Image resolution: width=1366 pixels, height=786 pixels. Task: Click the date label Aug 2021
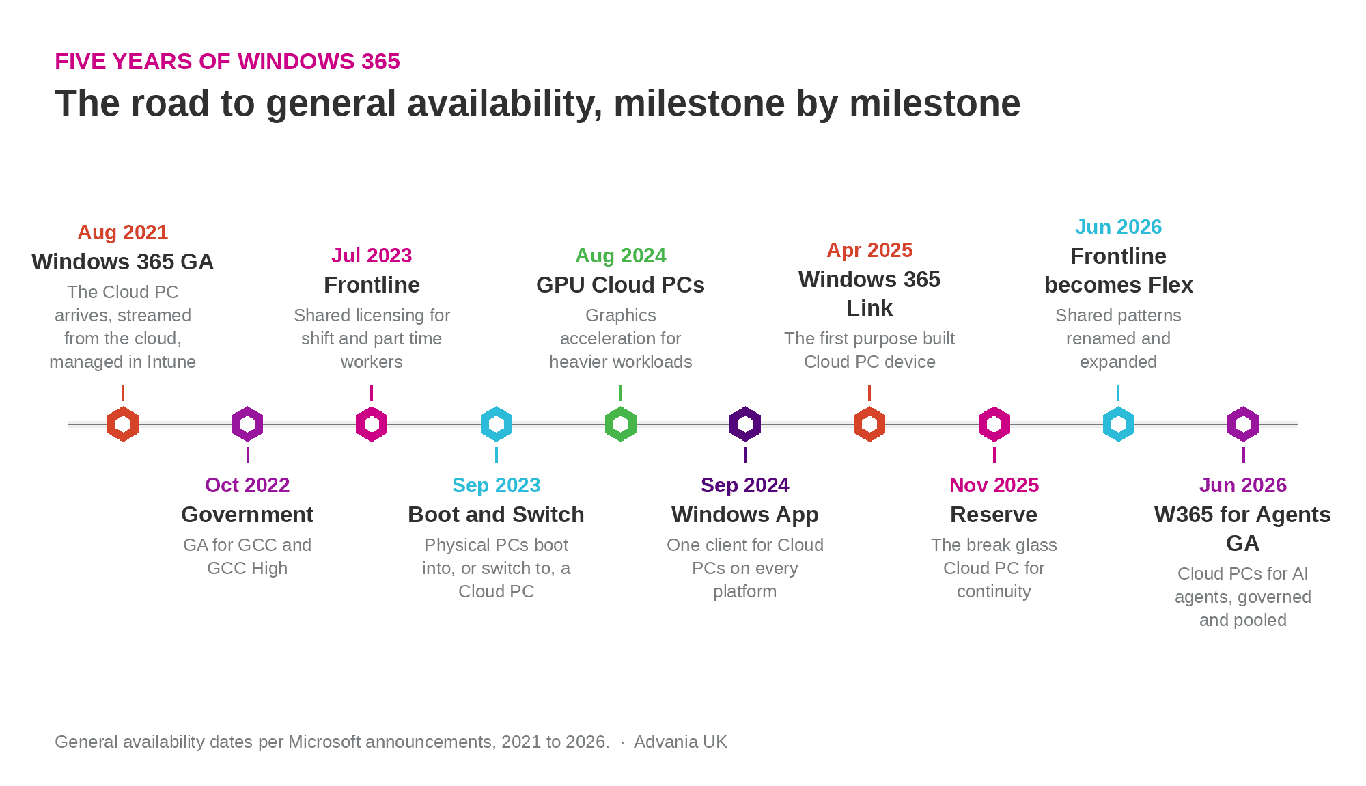[x=123, y=232]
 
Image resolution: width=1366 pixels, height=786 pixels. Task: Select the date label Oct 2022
[x=247, y=485]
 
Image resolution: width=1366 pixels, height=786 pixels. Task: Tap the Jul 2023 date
[x=372, y=256]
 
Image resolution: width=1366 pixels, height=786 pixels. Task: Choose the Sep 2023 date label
[x=497, y=485]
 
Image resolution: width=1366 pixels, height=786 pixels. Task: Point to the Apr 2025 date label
[x=869, y=250]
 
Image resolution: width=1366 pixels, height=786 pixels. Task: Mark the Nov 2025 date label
[x=994, y=485]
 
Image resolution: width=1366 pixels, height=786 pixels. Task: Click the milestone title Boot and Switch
[x=497, y=515]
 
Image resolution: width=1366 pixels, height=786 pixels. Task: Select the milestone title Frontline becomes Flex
[x=1119, y=271]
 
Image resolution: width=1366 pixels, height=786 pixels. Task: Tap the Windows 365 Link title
[x=869, y=294]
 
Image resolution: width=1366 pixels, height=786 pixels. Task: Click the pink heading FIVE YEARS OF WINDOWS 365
[x=227, y=62]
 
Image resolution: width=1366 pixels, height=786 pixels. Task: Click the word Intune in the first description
[x=171, y=362]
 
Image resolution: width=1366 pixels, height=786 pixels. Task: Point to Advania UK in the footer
[x=680, y=742]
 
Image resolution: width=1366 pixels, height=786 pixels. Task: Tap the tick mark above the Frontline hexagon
[x=372, y=393]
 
